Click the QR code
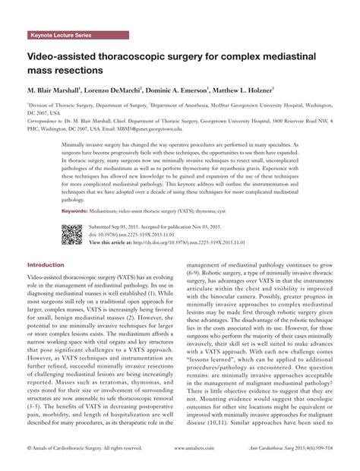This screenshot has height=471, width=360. tap(71, 235)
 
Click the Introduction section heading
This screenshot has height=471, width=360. tap(46, 265)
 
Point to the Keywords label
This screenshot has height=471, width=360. tap(76, 210)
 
